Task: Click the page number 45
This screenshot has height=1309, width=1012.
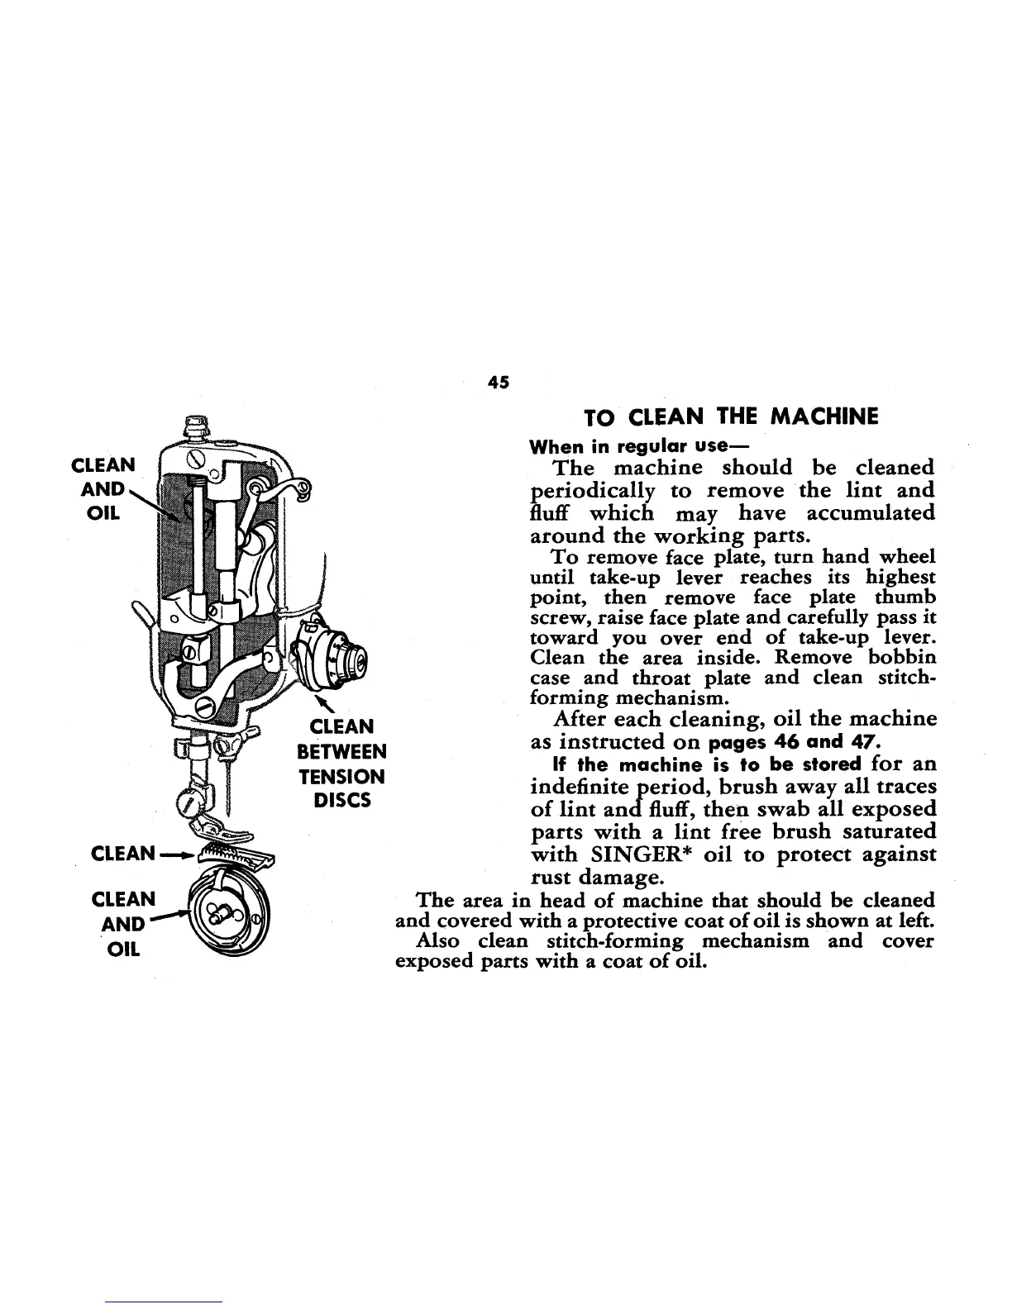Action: [499, 382]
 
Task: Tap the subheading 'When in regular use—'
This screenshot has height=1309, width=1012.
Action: [628, 447]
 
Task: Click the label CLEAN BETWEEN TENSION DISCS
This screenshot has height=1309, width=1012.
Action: [341, 764]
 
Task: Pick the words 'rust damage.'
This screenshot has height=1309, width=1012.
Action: [594, 876]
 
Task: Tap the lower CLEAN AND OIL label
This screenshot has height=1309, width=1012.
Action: [123, 923]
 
